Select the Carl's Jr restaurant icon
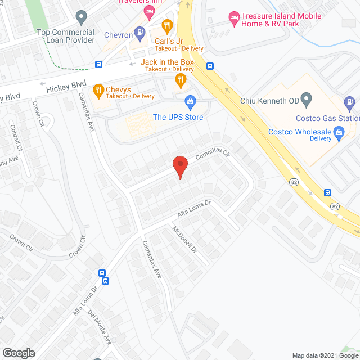166,25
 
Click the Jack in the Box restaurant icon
180,80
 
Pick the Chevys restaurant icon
98,90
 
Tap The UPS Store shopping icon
190,102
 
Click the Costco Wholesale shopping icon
339,133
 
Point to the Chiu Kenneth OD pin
307,101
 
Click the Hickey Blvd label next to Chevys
63,86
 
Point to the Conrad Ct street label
15,137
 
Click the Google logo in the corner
18,353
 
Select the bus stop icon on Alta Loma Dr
103,273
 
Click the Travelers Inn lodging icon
149,11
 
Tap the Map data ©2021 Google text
325,355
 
